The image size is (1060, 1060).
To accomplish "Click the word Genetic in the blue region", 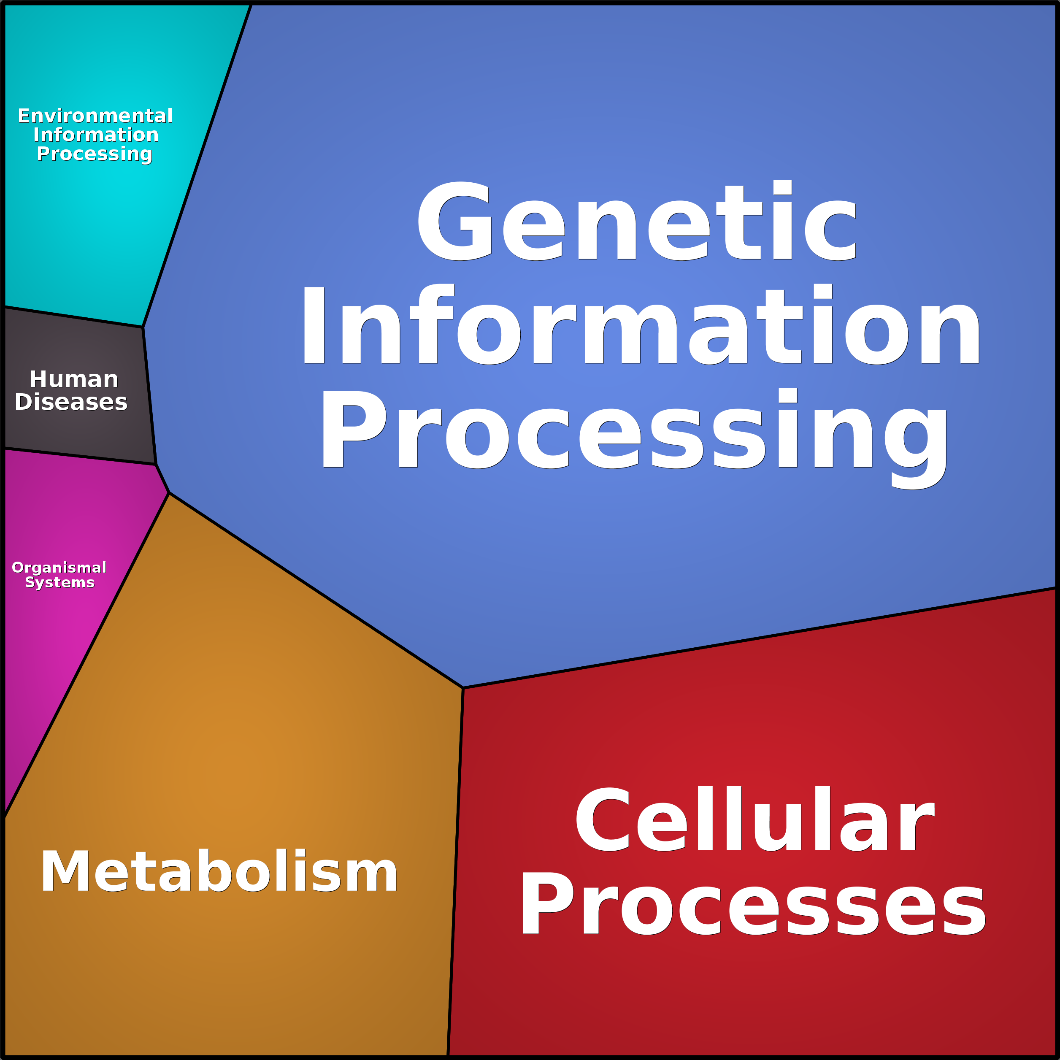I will (x=636, y=221).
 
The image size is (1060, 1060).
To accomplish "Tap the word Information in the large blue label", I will (x=640, y=325).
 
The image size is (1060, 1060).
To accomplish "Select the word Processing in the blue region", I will (x=634, y=431).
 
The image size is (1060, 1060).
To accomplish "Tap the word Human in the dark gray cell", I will (x=73, y=379).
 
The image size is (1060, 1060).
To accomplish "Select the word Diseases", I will (x=71, y=402).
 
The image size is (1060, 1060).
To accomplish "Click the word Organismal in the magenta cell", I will (x=59, y=567).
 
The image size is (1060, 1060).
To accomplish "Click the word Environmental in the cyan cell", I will (x=95, y=116).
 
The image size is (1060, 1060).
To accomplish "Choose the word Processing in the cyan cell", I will (x=95, y=154).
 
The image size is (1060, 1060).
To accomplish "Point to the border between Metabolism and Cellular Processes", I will (x=455, y=872).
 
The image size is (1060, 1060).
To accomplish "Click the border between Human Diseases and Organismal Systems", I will (x=80, y=457).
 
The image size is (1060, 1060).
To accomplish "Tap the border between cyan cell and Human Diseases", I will (x=74, y=316).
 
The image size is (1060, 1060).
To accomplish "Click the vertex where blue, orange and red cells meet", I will (x=463, y=687).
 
